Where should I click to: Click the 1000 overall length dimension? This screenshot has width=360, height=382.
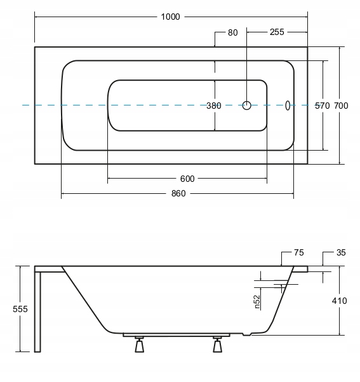(170, 17)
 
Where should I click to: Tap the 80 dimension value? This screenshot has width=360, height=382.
(232, 32)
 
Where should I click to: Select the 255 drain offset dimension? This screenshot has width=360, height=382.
(277, 32)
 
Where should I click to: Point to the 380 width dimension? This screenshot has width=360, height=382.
(214, 106)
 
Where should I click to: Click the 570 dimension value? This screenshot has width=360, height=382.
(323, 106)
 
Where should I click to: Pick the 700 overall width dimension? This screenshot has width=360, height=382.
(341, 106)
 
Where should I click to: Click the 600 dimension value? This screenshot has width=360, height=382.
(187, 179)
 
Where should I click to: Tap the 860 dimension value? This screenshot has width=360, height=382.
(178, 193)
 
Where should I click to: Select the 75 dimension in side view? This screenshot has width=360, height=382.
(298, 252)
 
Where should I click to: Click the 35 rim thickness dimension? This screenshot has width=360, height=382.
(341, 252)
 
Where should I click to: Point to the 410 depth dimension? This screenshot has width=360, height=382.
(339, 301)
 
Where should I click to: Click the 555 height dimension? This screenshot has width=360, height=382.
(20, 309)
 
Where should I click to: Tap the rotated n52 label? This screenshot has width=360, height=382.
(257, 302)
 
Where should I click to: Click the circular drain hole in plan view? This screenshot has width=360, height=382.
(246, 106)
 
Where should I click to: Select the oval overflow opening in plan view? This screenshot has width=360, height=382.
(288, 106)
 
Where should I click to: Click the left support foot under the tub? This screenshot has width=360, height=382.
(139, 344)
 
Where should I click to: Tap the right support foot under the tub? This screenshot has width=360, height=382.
(217, 344)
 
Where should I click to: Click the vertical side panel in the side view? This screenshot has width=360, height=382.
(37, 312)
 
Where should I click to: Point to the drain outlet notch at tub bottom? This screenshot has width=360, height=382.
(247, 334)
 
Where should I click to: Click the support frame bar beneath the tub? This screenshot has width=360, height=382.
(177, 335)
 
